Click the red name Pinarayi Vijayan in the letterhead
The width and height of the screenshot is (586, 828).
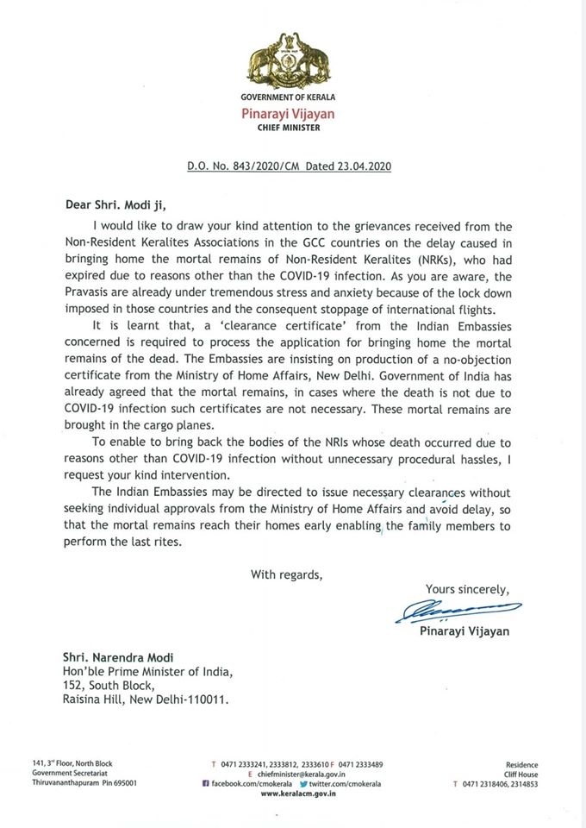pos(291,113)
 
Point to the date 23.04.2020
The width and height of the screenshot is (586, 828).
pos(365,165)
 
